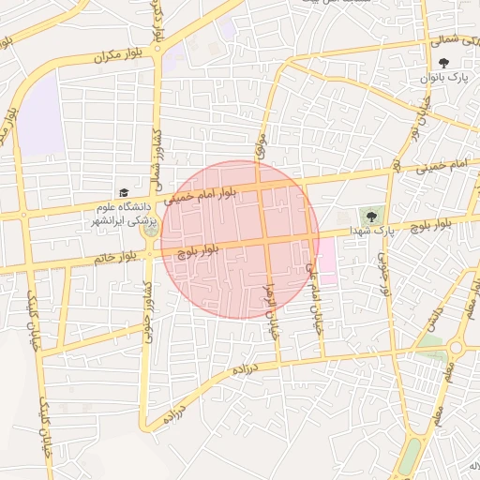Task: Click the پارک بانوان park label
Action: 442,76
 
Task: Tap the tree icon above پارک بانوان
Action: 442,62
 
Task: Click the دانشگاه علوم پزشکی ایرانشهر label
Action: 123,213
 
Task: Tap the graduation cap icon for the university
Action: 123,192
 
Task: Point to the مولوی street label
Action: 259,143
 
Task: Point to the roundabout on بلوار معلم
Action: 457,347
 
